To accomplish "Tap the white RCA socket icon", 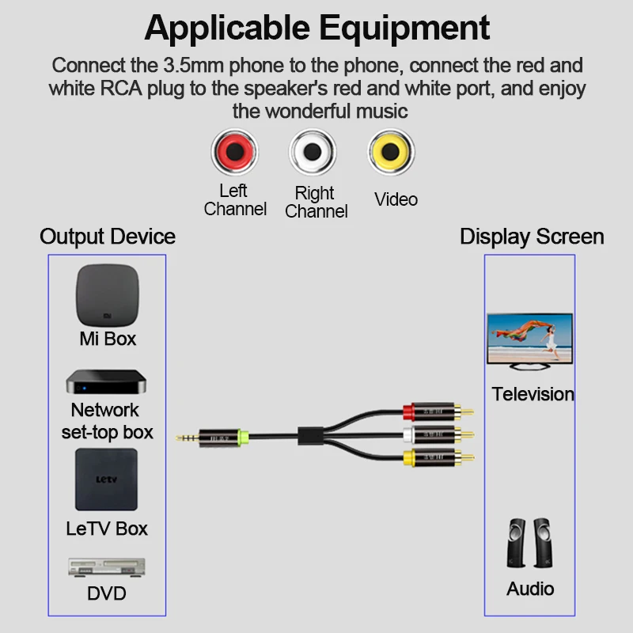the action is pyautogui.click(x=314, y=152).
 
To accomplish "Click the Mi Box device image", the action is pyautogui.click(x=108, y=295).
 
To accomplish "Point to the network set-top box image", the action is pyautogui.click(x=106, y=382).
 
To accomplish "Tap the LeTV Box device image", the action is pyautogui.click(x=106, y=480).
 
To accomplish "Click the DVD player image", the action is pyautogui.click(x=106, y=569).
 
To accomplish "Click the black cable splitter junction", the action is pyautogui.click(x=309, y=434).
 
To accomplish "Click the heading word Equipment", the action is pyautogui.click(x=405, y=28).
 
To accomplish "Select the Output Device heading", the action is pyautogui.click(x=108, y=236).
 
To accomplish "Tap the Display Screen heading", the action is pyautogui.click(x=532, y=236).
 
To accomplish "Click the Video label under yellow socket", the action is pyautogui.click(x=396, y=199).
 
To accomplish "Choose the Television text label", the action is pyautogui.click(x=533, y=394).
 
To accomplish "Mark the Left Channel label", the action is pyautogui.click(x=233, y=200).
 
